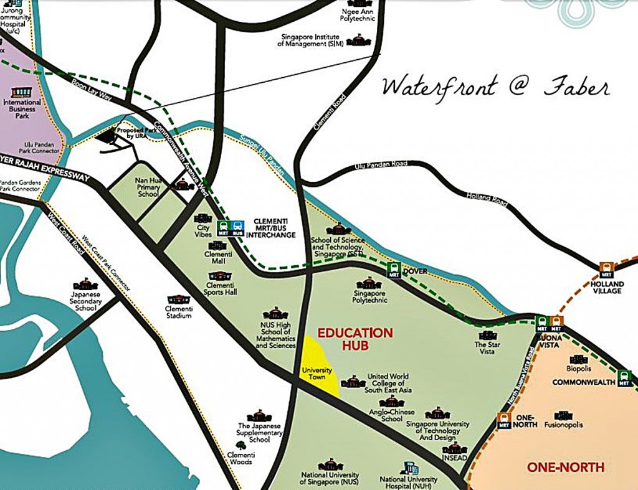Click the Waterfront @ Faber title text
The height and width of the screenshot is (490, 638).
[x=495, y=87]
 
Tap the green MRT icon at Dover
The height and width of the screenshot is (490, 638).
[x=393, y=270]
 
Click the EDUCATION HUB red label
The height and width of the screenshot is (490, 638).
[x=355, y=339]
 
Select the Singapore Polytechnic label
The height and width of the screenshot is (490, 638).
[x=371, y=296]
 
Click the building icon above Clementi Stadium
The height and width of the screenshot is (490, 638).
[x=178, y=299]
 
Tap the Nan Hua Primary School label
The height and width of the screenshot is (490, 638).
[x=148, y=187]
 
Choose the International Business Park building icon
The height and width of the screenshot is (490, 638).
[x=21, y=92]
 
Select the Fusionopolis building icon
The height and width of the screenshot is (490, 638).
[x=563, y=415]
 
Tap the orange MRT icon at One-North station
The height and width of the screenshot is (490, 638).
[x=504, y=421]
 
